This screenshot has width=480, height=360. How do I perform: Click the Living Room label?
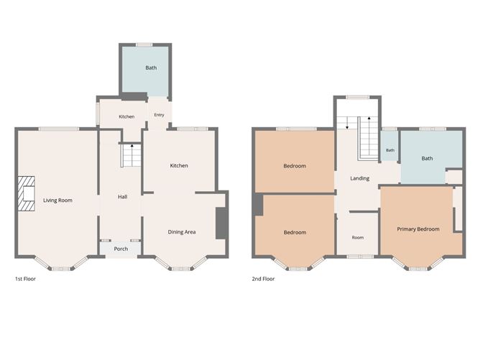point(57,200)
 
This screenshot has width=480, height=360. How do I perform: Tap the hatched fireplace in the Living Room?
point(26,193)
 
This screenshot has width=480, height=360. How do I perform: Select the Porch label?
point(121,249)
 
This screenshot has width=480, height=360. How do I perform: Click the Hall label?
point(122,197)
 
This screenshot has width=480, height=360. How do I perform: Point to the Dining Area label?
point(182,232)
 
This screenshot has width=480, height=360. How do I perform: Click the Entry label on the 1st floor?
point(160,115)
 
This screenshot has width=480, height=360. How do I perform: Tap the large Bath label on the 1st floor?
point(151,68)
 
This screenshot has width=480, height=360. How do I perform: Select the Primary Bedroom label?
point(418,229)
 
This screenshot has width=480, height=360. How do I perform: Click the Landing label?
point(360,178)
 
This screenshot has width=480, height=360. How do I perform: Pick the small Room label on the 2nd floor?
point(358,238)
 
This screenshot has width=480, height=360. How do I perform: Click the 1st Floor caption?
point(25,279)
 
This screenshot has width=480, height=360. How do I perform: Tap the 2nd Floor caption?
point(263,279)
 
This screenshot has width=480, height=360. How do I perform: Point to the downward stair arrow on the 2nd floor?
point(347,123)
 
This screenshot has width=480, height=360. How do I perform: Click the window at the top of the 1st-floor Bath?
point(144,45)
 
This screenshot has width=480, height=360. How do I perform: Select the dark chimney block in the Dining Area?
point(222,223)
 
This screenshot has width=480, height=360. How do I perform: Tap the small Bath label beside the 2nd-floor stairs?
point(390,150)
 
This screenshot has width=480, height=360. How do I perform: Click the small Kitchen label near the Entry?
point(126,116)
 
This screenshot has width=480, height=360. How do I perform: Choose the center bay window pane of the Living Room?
point(61,269)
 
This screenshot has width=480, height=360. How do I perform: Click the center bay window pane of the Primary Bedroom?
point(418,269)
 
